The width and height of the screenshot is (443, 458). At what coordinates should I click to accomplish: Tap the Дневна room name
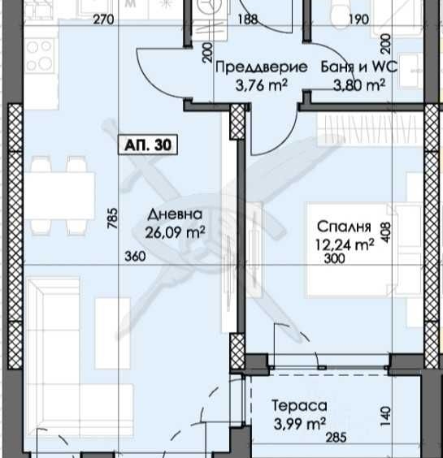tap(175, 214)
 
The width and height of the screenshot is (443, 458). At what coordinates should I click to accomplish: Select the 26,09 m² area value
tap(176, 231)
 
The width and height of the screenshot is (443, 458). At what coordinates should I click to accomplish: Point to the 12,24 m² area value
tap(346, 243)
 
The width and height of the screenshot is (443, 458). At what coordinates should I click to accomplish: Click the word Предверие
tap(261, 67)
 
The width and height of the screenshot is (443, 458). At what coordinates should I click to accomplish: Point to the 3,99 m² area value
tap(300, 422)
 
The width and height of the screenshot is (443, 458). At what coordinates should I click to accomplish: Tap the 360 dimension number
tap(135, 257)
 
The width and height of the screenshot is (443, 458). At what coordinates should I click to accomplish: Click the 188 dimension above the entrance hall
tap(248, 20)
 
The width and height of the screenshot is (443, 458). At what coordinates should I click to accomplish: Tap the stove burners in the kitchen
tap(39, 56)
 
